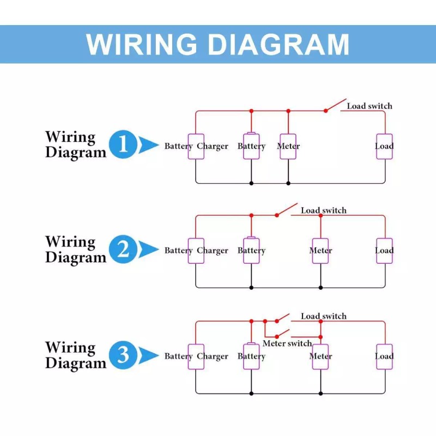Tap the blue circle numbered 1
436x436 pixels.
tap(123, 145)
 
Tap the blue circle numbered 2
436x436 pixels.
tap(123, 250)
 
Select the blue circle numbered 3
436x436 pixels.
tap(123, 355)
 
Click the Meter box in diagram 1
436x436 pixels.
tap(288, 147)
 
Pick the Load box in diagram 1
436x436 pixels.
tap(384, 147)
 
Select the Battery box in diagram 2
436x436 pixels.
tap(251, 251)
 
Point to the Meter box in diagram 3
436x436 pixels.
tap(320, 356)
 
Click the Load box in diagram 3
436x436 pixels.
tap(384, 356)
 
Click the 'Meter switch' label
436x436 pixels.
tap(287, 343)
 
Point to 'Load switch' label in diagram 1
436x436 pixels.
tap(370, 106)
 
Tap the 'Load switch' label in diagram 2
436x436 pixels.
tap(324, 210)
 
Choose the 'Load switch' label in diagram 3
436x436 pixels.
tap(324, 316)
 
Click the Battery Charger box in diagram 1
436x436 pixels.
tap(196, 147)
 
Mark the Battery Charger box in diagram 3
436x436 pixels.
tap(196, 356)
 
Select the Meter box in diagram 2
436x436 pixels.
tap(320, 251)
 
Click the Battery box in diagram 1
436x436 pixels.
tap(251, 147)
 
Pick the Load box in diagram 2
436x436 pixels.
tap(384, 251)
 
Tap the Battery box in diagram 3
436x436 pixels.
tap(251, 356)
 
